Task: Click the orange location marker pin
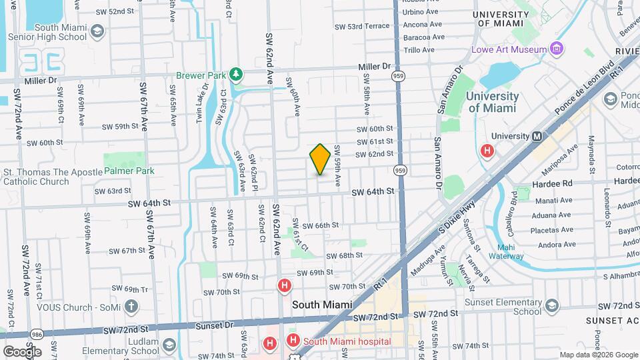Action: [320, 159]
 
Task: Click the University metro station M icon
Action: [536, 136]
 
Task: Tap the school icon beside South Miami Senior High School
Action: [97, 32]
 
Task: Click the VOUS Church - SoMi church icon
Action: [131, 307]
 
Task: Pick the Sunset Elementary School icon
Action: [551, 305]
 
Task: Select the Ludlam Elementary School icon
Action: [168, 345]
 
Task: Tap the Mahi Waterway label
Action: [505, 250]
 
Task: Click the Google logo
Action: [22, 351]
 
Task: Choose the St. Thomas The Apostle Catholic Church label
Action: [45, 176]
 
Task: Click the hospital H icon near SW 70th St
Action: [284, 286]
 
